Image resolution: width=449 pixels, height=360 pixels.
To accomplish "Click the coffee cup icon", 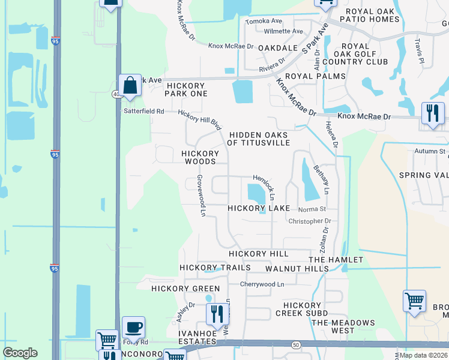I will (133, 328).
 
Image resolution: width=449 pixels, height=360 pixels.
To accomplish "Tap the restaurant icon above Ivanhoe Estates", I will (217, 314).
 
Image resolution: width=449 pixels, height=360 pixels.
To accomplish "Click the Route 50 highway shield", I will (296, 345).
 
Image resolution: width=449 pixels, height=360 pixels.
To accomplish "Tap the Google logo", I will (20, 353).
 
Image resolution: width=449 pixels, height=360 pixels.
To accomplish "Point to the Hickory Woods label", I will (199, 157).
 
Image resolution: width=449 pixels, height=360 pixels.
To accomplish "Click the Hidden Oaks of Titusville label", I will (258, 139).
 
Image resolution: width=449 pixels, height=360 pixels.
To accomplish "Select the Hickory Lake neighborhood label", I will (259, 208).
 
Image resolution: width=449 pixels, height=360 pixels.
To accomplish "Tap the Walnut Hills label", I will (297, 269).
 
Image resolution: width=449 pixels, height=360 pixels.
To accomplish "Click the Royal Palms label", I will (315, 76).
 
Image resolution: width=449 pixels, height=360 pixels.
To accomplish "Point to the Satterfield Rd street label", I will (143, 111).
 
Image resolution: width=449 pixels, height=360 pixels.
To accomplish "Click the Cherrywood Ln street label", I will (262, 284).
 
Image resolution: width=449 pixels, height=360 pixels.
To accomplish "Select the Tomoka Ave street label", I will (262, 21).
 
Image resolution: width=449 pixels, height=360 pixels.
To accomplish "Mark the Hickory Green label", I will (178, 288).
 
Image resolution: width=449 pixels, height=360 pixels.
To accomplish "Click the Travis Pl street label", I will (419, 52).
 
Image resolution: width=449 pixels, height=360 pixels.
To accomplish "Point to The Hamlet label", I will (336, 259).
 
